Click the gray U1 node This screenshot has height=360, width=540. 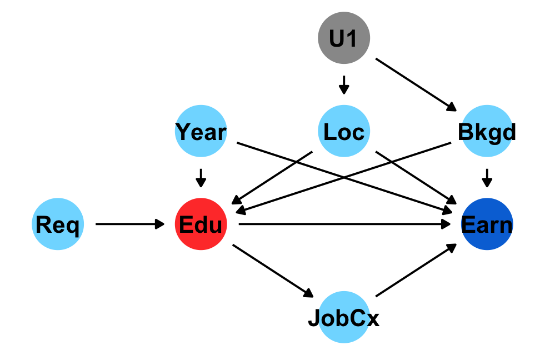click(x=344, y=38)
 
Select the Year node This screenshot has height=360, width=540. click(x=201, y=132)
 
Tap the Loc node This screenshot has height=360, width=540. click(x=344, y=132)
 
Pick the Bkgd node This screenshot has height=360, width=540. click(x=487, y=132)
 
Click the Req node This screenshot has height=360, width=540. click(x=58, y=224)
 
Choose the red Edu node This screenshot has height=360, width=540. click(x=201, y=224)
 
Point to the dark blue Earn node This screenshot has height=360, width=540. click(x=487, y=224)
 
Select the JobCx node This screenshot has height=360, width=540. click(x=344, y=319)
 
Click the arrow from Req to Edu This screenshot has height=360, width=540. click(x=130, y=224)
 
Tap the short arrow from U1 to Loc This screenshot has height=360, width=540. click(x=344, y=85)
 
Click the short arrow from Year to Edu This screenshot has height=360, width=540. click(x=201, y=178)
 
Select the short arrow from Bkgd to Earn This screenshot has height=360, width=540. click(x=487, y=178)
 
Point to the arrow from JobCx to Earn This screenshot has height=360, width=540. click(x=416, y=272)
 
